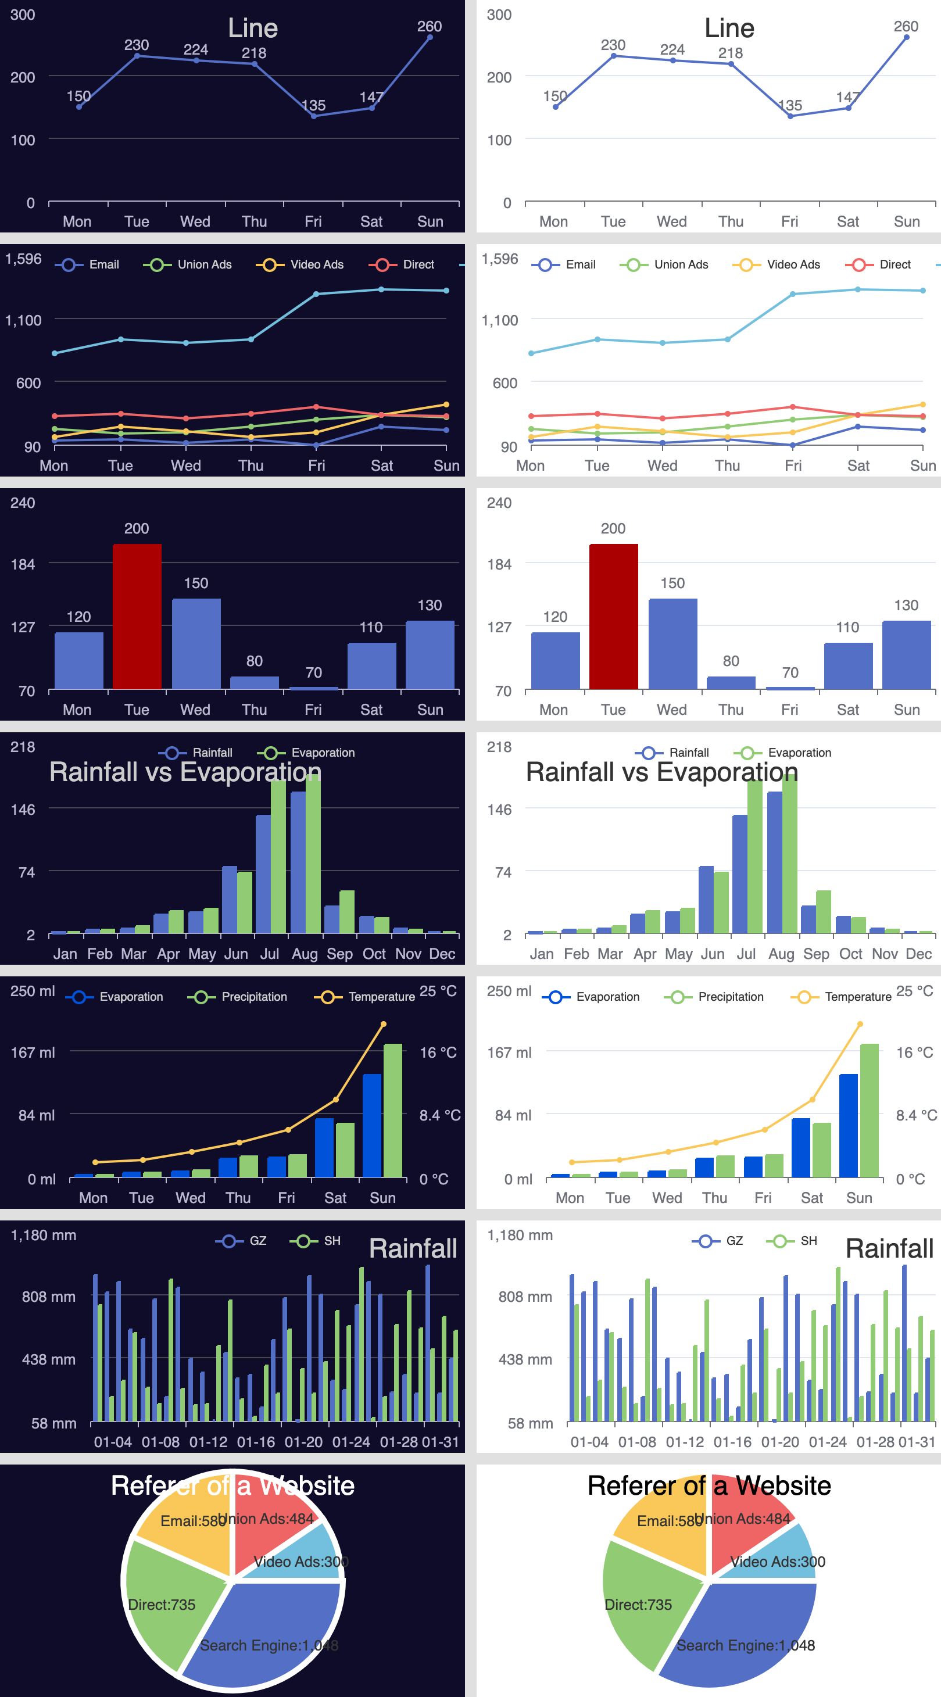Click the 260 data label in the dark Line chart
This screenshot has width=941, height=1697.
point(429,26)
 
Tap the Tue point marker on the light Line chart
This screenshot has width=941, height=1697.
point(614,56)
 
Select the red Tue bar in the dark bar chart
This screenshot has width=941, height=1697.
point(137,616)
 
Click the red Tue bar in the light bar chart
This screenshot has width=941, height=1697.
point(614,616)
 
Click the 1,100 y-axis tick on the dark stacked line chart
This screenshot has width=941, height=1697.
point(23,321)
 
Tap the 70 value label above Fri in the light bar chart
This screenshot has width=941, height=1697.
point(790,672)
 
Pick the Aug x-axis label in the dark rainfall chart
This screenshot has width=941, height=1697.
point(305,954)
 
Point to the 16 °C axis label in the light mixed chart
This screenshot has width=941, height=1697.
point(915,1052)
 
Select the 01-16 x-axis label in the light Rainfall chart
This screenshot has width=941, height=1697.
point(732,1442)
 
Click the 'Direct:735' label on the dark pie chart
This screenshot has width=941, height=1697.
point(162,1605)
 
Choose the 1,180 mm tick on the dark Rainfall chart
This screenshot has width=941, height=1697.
point(44,1235)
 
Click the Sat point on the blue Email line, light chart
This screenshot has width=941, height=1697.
point(857,427)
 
